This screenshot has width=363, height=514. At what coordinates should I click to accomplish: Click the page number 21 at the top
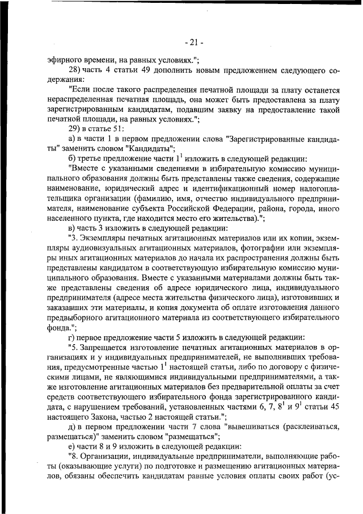point(194,42)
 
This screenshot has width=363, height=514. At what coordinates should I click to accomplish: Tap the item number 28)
point(76,71)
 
